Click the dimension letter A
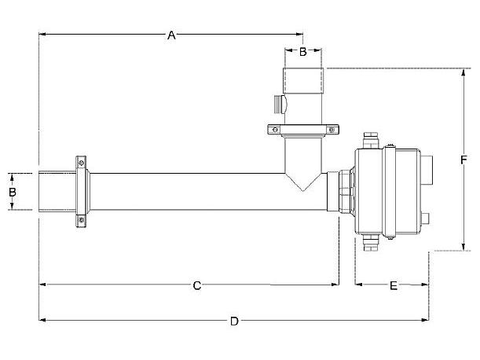coord(171,34)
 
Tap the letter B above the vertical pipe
coord(302,52)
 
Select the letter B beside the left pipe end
coord(12,191)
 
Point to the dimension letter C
coord(197,285)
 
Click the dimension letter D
coord(233,320)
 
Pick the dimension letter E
coord(393,285)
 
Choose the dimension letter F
coord(464,160)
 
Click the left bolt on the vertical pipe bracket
coord(274,129)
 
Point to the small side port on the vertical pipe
coord(277,102)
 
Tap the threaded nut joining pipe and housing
coord(345,192)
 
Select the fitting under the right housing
coord(371,243)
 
